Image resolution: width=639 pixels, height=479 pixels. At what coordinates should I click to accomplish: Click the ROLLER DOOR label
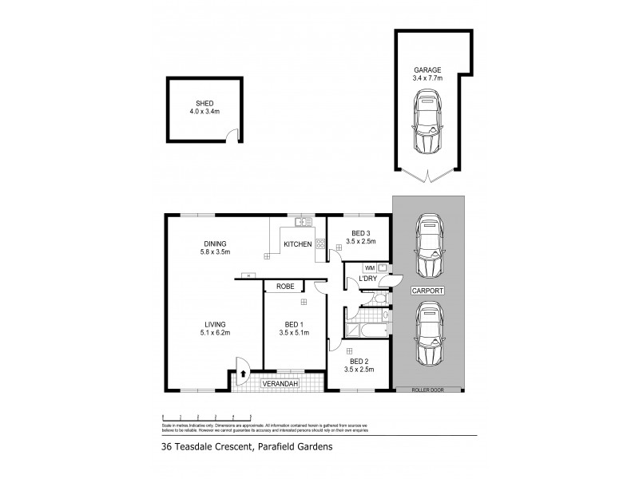click(x=428, y=390)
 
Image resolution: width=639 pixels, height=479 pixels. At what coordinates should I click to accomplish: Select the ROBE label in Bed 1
click(x=287, y=286)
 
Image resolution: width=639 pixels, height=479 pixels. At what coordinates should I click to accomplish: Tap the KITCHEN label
click(x=297, y=244)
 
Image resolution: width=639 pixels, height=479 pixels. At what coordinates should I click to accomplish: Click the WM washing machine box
click(x=370, y=267)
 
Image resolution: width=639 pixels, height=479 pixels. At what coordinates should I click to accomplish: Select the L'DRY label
click(x=367, y=279)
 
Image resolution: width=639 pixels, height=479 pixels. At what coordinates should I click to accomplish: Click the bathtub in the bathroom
click(x=367, y=329)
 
